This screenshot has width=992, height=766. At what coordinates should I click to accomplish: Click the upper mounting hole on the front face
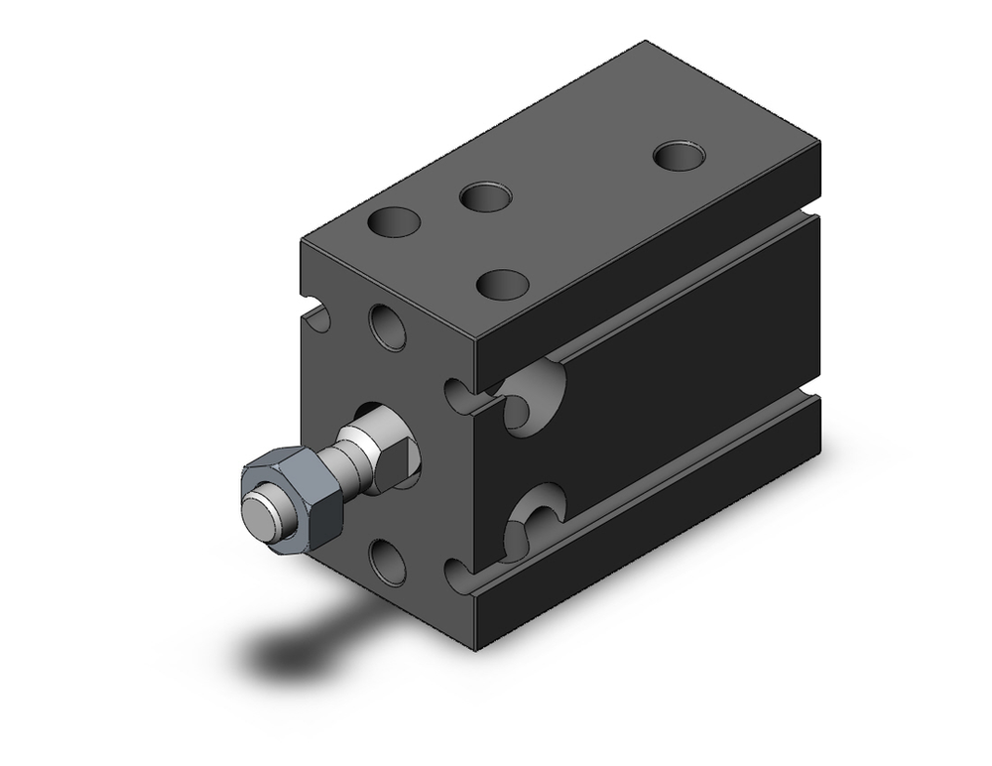point(388,326)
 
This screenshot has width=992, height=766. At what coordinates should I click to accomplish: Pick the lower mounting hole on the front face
point(388,561)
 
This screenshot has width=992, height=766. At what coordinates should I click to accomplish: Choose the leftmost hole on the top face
point(394,220)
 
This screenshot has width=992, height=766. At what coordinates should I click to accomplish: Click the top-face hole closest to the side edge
point(501,284)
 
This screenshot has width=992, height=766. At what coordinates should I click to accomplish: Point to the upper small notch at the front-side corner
point(458,394)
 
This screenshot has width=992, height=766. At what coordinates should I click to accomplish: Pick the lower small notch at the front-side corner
point(458,575)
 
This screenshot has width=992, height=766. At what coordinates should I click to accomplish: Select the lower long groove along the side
point(684,471)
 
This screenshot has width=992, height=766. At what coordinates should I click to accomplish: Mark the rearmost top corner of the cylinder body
point(647,43)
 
